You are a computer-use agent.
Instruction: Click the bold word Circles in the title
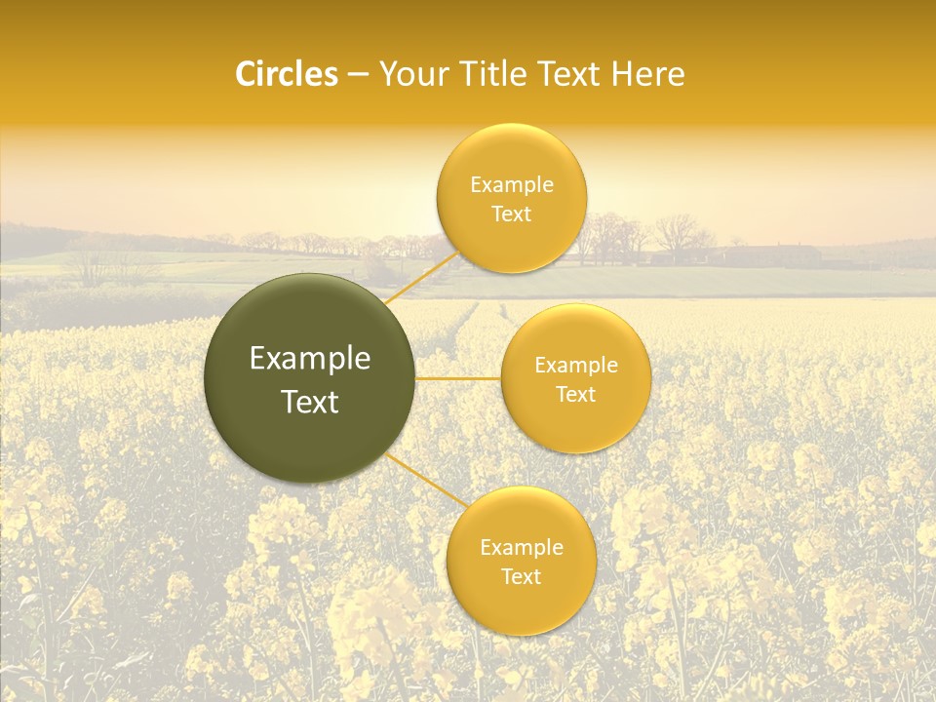286,74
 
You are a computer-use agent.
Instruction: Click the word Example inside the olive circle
310,359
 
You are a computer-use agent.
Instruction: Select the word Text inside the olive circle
310,402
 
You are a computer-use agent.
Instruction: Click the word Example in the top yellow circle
512,184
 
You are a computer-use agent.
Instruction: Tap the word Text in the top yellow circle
512,214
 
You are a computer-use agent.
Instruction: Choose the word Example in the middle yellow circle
576,365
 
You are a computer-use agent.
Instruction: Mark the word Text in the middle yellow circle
576,394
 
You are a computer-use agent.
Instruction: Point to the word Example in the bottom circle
522,547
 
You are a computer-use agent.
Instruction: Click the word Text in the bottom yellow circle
522,576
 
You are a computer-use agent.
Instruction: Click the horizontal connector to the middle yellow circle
457,378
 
